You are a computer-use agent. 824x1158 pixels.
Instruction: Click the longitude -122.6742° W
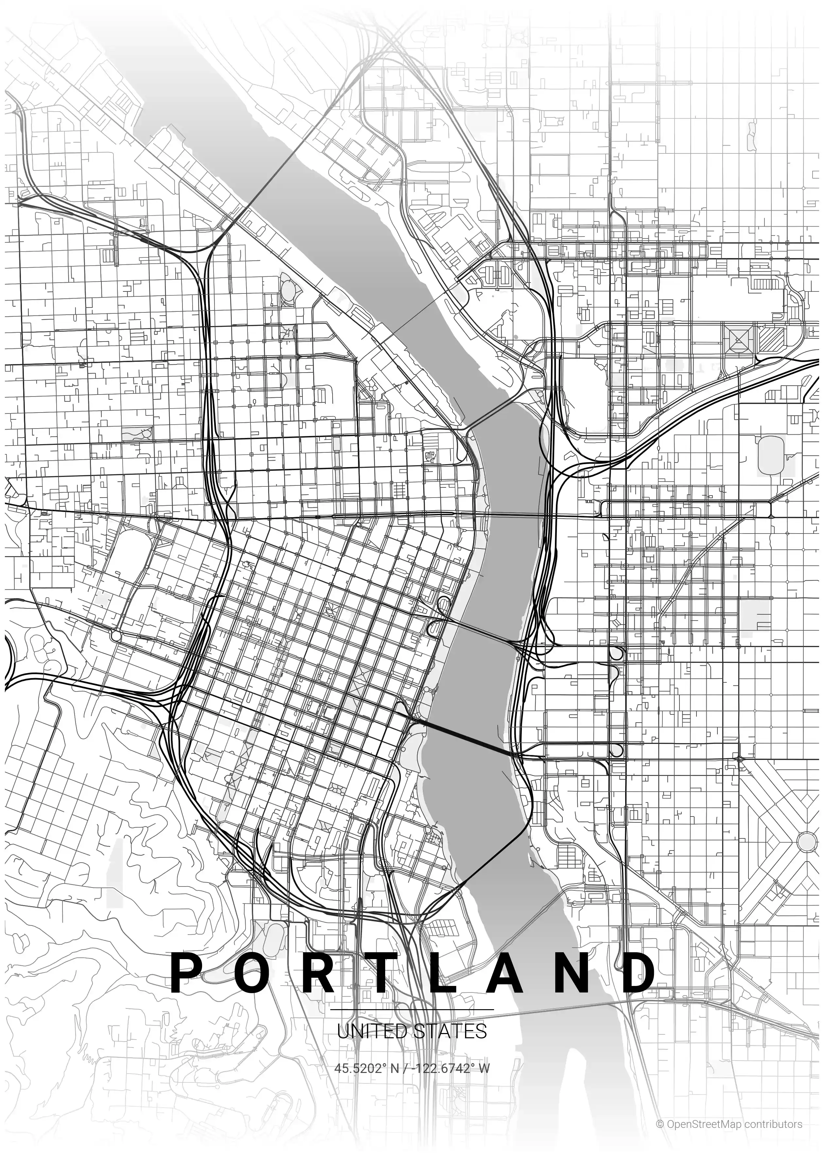pos(452,1068)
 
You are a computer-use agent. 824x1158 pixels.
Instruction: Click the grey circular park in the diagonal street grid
pos(807,842)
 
